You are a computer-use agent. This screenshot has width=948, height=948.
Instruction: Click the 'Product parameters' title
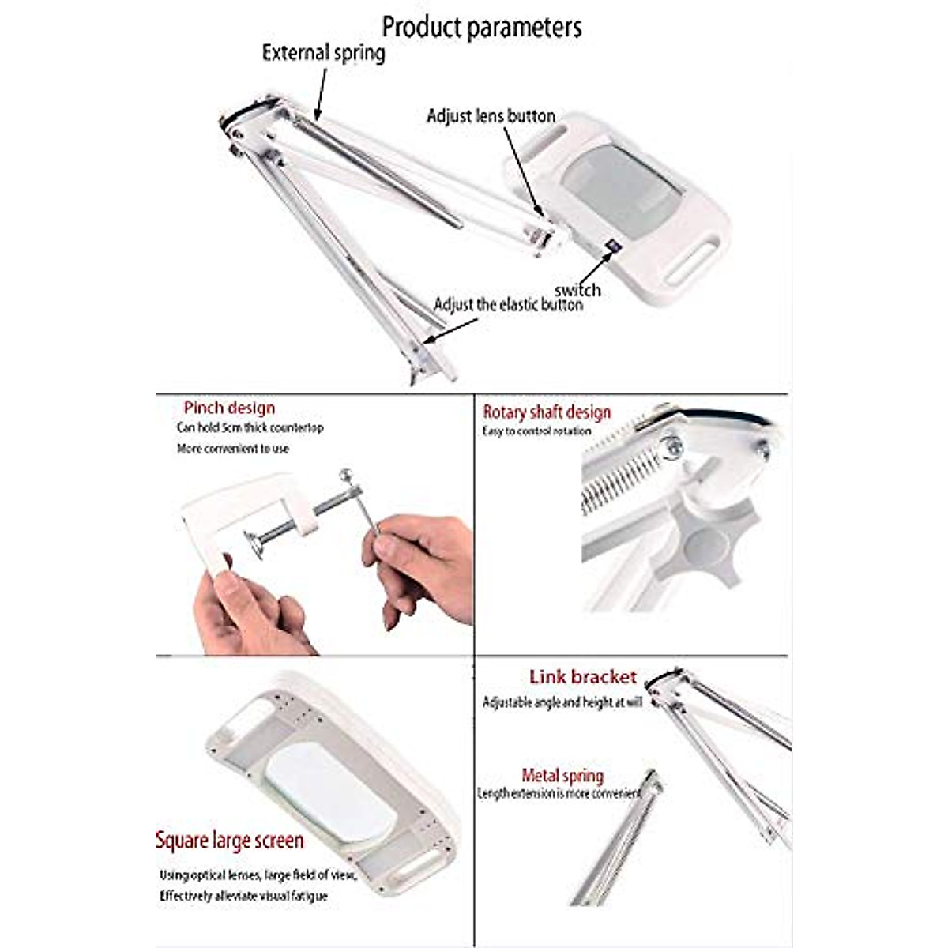(482, 27)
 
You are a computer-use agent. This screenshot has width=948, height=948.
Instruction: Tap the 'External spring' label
(323, 53)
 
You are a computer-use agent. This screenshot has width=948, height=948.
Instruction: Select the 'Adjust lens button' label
(491, 116)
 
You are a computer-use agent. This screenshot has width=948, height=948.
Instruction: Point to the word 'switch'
(577, 290)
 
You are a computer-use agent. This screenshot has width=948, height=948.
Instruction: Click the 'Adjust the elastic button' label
(508, 305)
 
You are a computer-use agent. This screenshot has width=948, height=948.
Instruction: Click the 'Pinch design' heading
(229, 408)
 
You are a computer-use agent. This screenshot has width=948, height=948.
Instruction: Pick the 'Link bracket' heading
(582, 677)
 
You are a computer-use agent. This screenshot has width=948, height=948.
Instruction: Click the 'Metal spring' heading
(562, 776)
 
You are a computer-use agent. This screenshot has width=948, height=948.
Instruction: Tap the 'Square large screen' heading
(229, 841)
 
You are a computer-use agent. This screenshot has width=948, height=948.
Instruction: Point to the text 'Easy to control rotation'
(536, 431)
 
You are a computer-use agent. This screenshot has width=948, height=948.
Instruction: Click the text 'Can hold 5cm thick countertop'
(250, 428)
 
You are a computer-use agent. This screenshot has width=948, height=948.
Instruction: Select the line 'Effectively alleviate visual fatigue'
(243, 896)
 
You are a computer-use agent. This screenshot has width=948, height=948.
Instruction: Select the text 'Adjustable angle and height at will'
(562, 702)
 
